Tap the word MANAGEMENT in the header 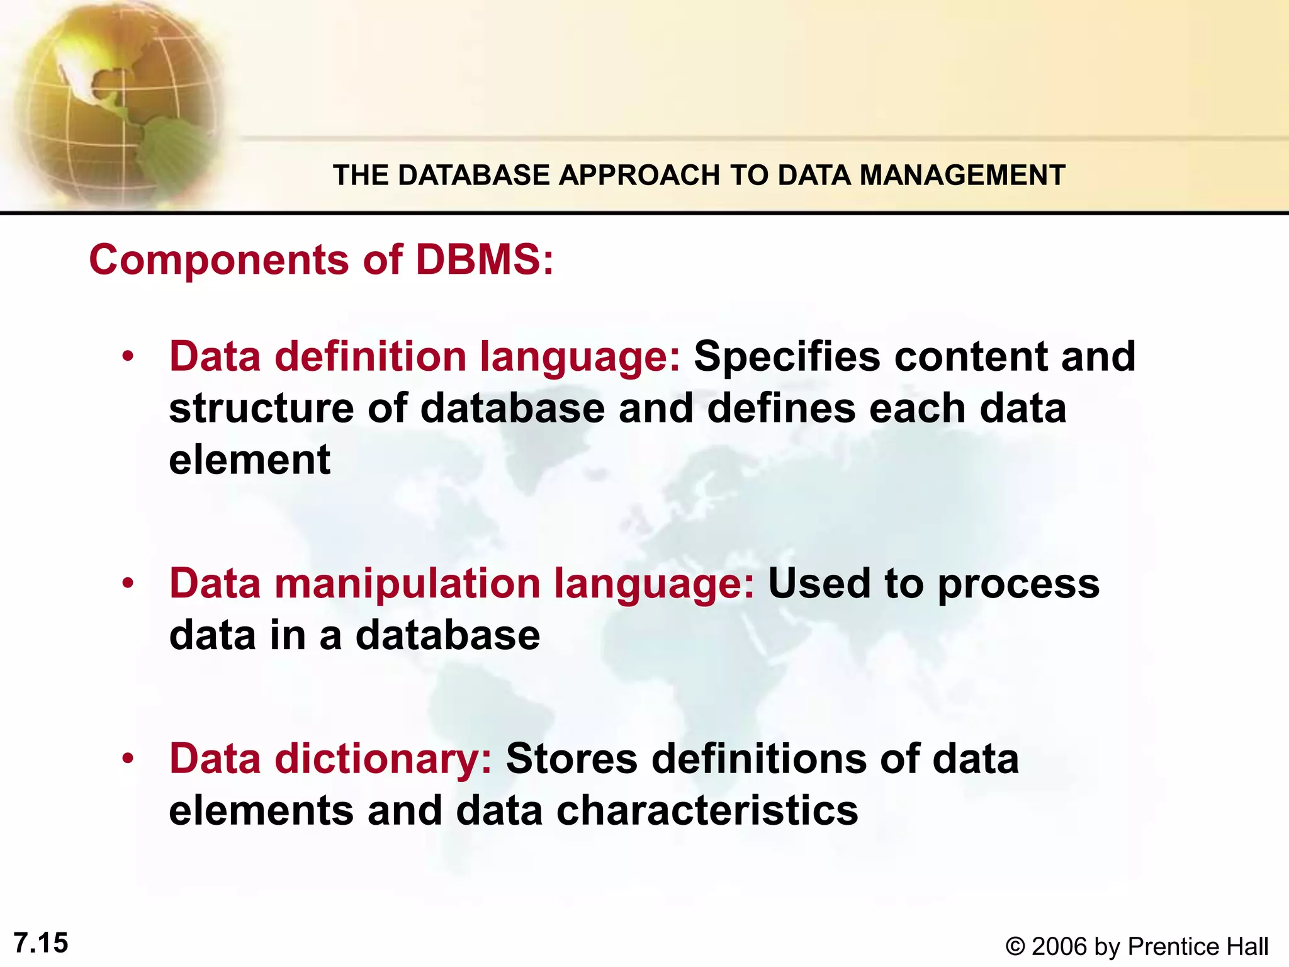pos(962,175)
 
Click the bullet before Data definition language pos(128,358)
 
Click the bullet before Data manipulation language pos(128,584)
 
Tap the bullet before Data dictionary pos(128,759)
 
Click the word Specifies pos(787,358)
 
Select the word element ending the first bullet pos(250,460)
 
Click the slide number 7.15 pos(41,943)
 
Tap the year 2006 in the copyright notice pos(1060,947)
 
